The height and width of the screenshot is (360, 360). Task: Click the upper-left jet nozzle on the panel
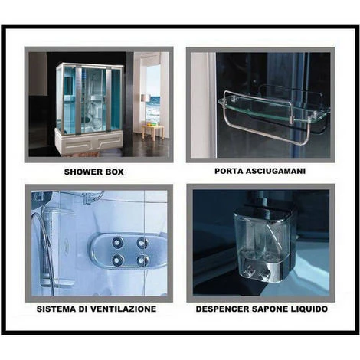[117, 242]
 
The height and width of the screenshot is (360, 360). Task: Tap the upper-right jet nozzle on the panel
[142, 242]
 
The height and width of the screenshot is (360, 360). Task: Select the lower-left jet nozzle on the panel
[117, 260]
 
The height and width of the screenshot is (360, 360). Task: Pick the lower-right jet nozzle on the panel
[142, 260]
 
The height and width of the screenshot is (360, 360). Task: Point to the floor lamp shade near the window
[146, 98]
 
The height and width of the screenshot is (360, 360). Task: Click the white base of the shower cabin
[89, 141]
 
